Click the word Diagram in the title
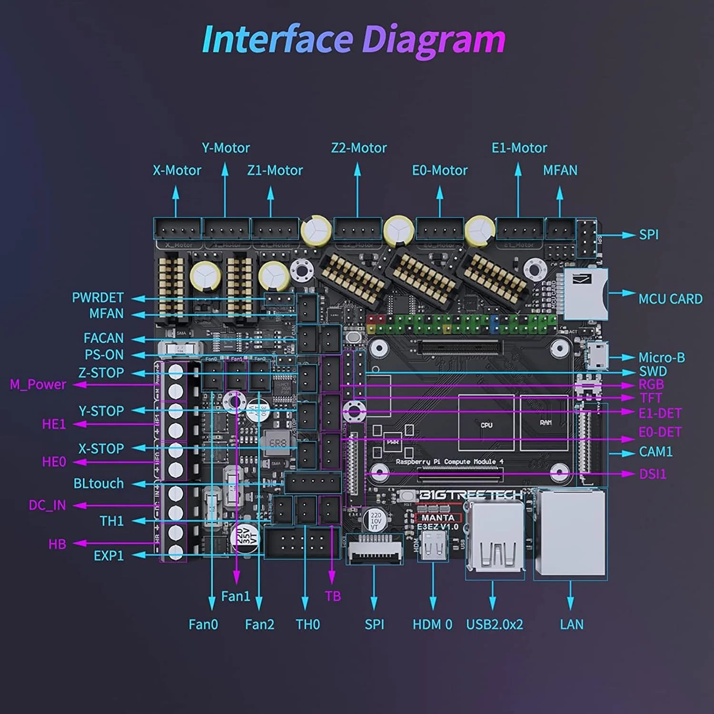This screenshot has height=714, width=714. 433,40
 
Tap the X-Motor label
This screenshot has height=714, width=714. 177,170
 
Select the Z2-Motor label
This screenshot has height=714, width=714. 359,148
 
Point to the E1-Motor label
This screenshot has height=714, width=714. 519,148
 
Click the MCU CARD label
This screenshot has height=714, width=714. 670,299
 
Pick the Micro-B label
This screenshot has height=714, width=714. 662,357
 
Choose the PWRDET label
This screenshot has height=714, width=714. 98,297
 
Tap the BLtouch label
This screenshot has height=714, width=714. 99,484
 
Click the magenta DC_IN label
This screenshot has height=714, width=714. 47,505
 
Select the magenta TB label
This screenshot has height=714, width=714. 333,596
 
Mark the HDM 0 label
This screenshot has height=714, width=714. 432,625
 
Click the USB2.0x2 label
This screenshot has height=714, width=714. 494,625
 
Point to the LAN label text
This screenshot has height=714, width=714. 571,625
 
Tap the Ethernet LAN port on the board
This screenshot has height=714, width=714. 570,533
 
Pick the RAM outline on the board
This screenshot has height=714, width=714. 545,423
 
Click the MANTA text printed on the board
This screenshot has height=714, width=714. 438,517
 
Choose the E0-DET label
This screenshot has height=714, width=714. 660,432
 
